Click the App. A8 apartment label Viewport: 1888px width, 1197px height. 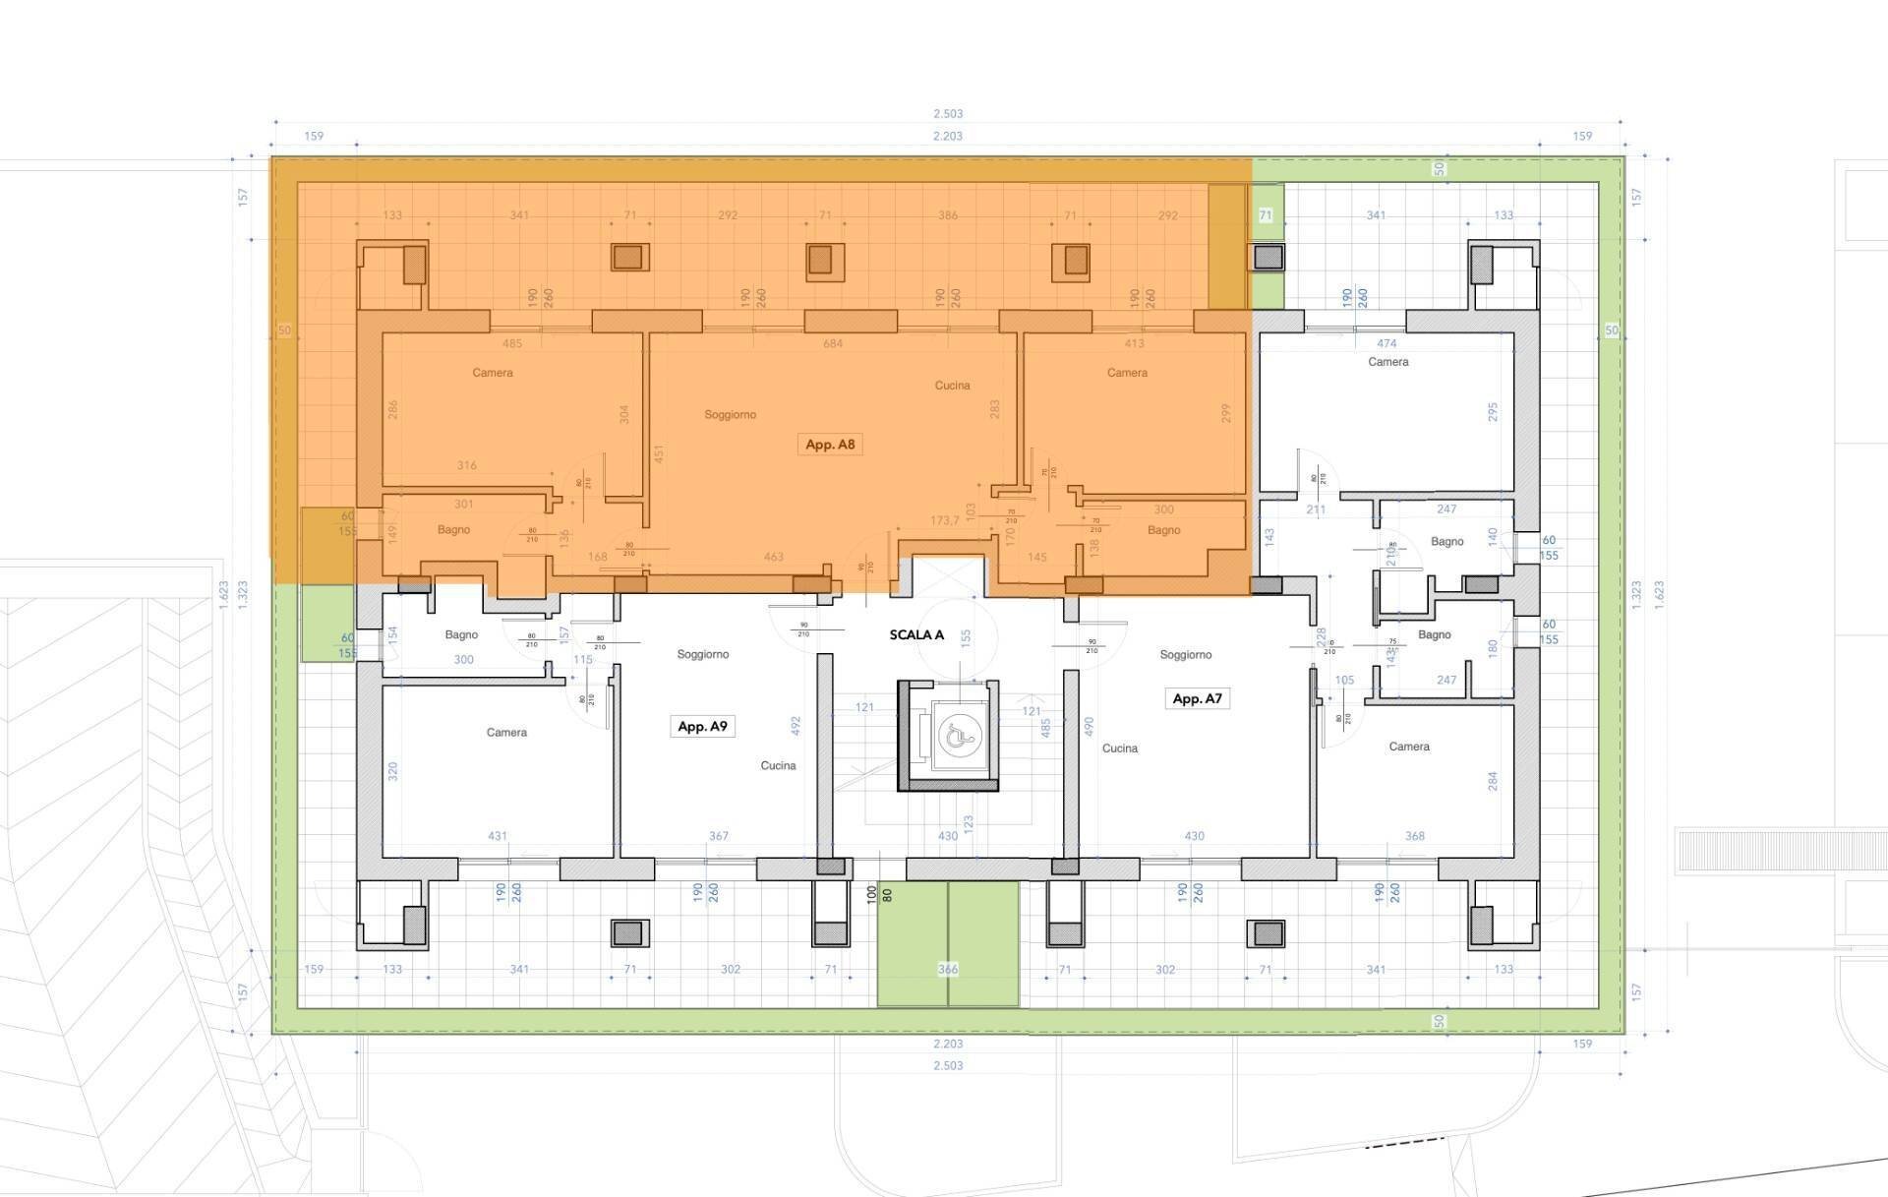pos(830,445)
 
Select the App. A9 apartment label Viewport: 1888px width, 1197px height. pos(702,727)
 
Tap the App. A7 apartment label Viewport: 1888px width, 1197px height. pos(1197,699)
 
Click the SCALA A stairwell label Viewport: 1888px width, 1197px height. pos(916,635)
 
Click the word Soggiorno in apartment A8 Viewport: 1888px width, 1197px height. pos(730,415)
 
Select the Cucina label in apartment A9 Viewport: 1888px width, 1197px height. pos(778,766)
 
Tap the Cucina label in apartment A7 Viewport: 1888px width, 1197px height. pos(1119,748)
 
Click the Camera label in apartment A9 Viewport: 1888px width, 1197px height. pos(506,733)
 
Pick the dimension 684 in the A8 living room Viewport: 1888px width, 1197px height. pos(833,344)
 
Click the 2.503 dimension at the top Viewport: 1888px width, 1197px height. pos(947,114)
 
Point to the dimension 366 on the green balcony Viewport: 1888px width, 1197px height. pos(947,970)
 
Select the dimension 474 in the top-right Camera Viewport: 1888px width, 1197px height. pos(1386,344)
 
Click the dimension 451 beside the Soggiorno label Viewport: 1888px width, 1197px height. pos(660,454)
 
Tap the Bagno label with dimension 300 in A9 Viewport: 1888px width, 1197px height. pos(461,635)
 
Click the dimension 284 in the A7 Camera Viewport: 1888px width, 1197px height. pos(1493,781)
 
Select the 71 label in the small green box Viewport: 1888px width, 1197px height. pos(1266,215)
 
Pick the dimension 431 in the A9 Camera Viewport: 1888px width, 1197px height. pos(498,837)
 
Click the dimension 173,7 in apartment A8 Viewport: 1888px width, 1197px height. pos(944,520)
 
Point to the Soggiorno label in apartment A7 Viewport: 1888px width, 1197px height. pos(1185,655)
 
